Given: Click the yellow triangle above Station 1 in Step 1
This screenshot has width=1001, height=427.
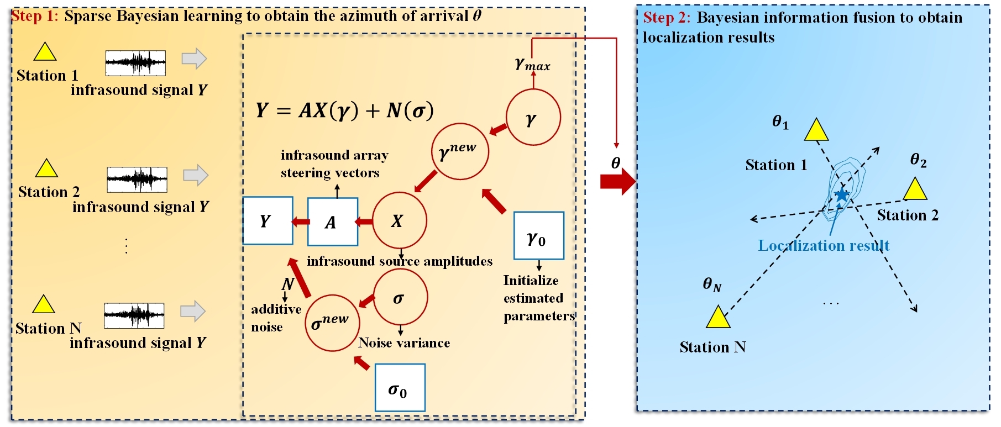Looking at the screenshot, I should (x=45, y=52).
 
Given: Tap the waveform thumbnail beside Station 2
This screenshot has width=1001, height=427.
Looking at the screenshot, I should (x=137, y=179).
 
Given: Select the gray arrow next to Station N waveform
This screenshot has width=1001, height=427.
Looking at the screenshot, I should (x=193, y=311).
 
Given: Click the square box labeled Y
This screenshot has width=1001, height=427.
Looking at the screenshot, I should (x=268, y=221).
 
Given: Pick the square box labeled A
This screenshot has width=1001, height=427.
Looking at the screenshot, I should (x=332, y=222).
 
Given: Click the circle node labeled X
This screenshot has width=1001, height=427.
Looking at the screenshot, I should (x=399, y=220).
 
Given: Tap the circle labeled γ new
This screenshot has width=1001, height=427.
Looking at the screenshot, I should (x=460, y=151).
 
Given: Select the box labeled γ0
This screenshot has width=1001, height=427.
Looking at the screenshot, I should (x=538, y=236).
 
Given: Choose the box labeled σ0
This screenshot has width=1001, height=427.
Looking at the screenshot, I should (x=400, y=388).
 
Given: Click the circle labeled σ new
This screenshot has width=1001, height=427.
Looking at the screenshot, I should (x=332, y=323).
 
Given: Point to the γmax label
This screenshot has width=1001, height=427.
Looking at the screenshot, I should (x=532, y=65).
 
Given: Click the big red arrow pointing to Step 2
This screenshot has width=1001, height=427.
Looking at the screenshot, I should (x=618, y=181).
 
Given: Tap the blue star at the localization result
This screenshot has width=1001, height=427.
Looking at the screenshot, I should (x=841, y=194).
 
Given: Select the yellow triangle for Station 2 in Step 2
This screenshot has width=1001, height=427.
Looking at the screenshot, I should (x=915, y=189).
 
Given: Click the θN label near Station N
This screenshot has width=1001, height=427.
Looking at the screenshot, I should (x=712, y=284).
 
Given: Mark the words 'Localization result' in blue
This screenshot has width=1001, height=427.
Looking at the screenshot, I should (x=823, y=245).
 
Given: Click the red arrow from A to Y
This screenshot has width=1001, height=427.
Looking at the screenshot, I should (x=300, y=222).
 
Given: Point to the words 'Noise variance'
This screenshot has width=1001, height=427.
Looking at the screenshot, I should (x=404, y=343).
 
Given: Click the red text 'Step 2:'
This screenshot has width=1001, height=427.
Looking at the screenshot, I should (x=666, y=18).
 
